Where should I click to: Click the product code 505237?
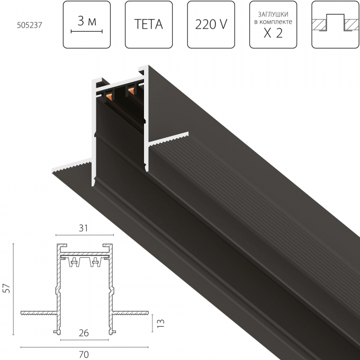click(x=30, y=25)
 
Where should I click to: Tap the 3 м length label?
click(x=87, y=21)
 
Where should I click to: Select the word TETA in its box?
click(x=149, y=24)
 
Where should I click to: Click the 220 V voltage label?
click(x=211, y=24)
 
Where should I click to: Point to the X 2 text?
click(x=273, y=33)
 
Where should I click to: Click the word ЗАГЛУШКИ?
click(x=273, y=14)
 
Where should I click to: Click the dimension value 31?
click(x=84, y=228)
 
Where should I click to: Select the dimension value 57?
click(x=7, y=289)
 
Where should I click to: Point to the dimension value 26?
click(x=84, y=333)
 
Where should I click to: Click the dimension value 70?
click(x=84, y=355)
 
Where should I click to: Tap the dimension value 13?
click(x=161, y=323)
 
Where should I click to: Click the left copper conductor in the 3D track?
click(x=109, y=96)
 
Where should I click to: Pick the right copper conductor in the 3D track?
click(x=131, y=91)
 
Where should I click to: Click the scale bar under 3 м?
click(x=87, y=31)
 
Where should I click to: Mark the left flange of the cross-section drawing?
click(x=39, y=313)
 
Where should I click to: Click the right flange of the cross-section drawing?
click(x=130, y=313)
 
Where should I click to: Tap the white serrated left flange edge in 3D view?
click(x=71, y=166)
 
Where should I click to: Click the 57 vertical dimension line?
click(x=13, y=289)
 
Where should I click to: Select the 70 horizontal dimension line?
click(x=85, y=347)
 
